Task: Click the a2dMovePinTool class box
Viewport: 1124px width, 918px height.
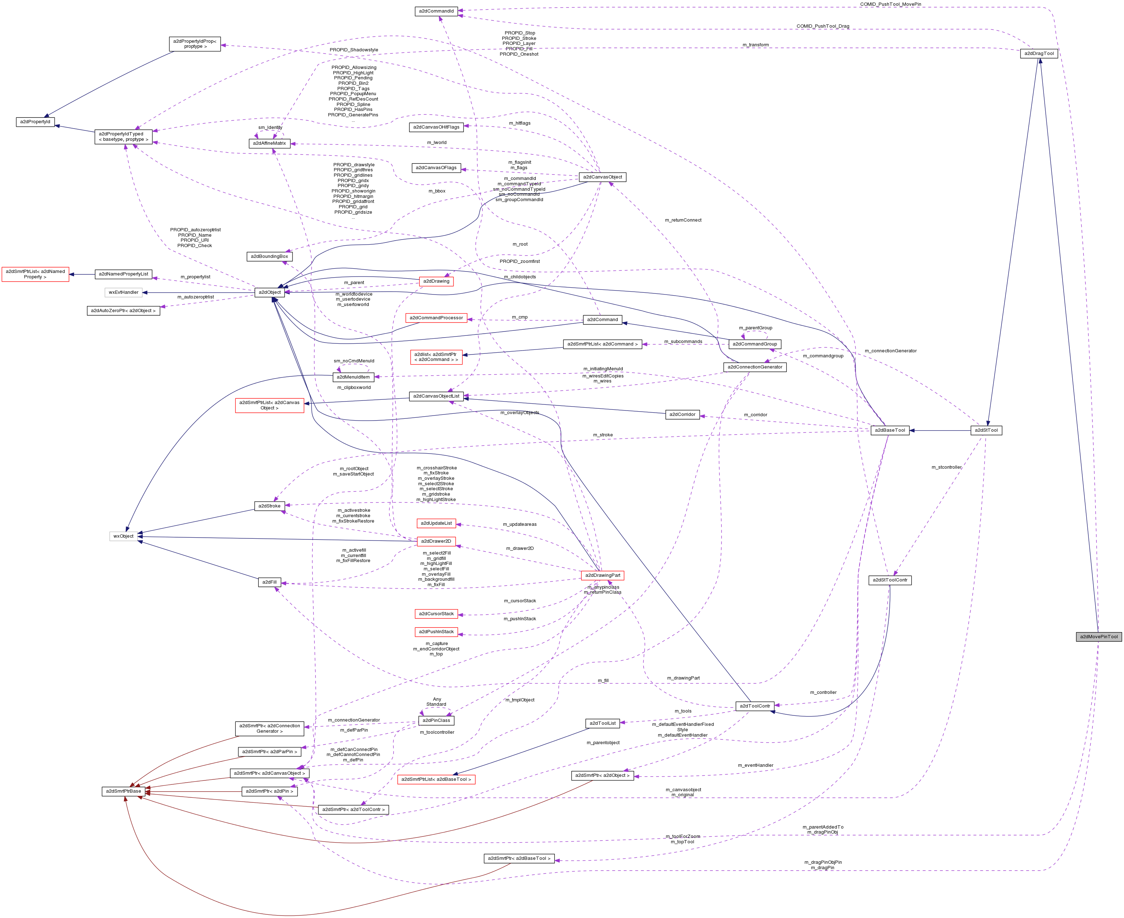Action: pos(1098,637)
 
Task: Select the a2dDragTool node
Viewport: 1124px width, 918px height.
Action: pos(1039,54)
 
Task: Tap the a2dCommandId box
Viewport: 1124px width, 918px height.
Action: pos(436,11)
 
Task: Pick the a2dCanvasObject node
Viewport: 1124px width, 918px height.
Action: pos(603,177)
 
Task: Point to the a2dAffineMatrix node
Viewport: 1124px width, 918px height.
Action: pos(269,143)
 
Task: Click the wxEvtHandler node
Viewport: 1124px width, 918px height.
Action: pos(123,292)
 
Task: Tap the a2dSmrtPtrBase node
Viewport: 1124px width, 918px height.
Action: pos(123,791)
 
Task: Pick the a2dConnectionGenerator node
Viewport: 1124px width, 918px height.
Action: pos(754,367)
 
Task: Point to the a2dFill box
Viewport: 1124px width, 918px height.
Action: pos(269,582)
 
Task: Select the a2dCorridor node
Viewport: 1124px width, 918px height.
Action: pos(682,414)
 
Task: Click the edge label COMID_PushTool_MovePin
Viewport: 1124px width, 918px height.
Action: pos(890,4)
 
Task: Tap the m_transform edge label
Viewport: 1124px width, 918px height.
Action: pos(755,45)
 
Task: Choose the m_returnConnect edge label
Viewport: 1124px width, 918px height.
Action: pos(683,220)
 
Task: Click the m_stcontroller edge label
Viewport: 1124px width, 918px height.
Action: pos(946,468)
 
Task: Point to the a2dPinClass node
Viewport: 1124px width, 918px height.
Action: pos(436,720)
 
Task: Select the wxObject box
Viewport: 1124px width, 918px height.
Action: pos(123,536)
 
